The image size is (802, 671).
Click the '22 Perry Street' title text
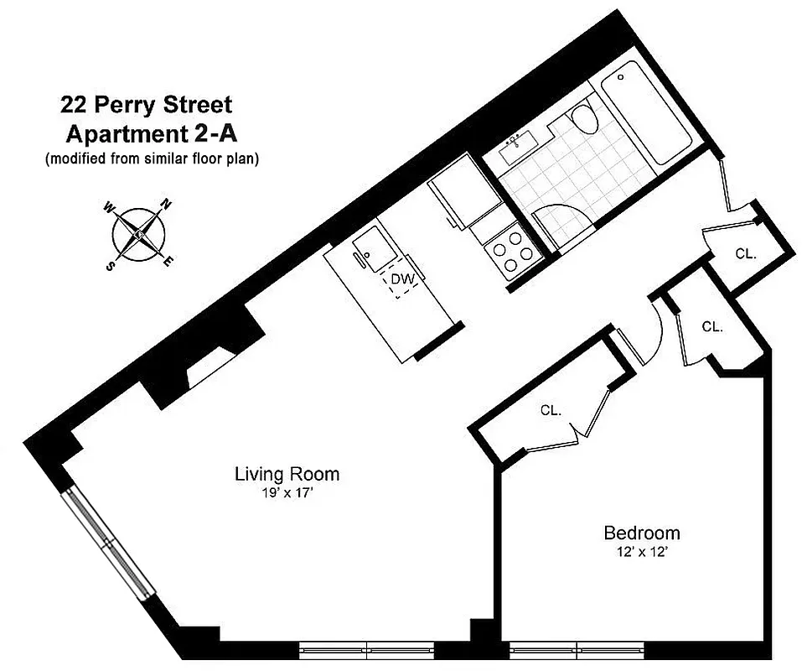145,106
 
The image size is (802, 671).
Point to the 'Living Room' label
287,474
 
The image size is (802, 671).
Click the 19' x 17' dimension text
287,493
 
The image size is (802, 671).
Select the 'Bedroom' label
642,533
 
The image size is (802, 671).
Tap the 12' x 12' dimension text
641,552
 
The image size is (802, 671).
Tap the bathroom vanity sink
517,149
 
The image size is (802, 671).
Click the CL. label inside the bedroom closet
551,410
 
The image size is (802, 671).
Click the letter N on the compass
166,204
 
